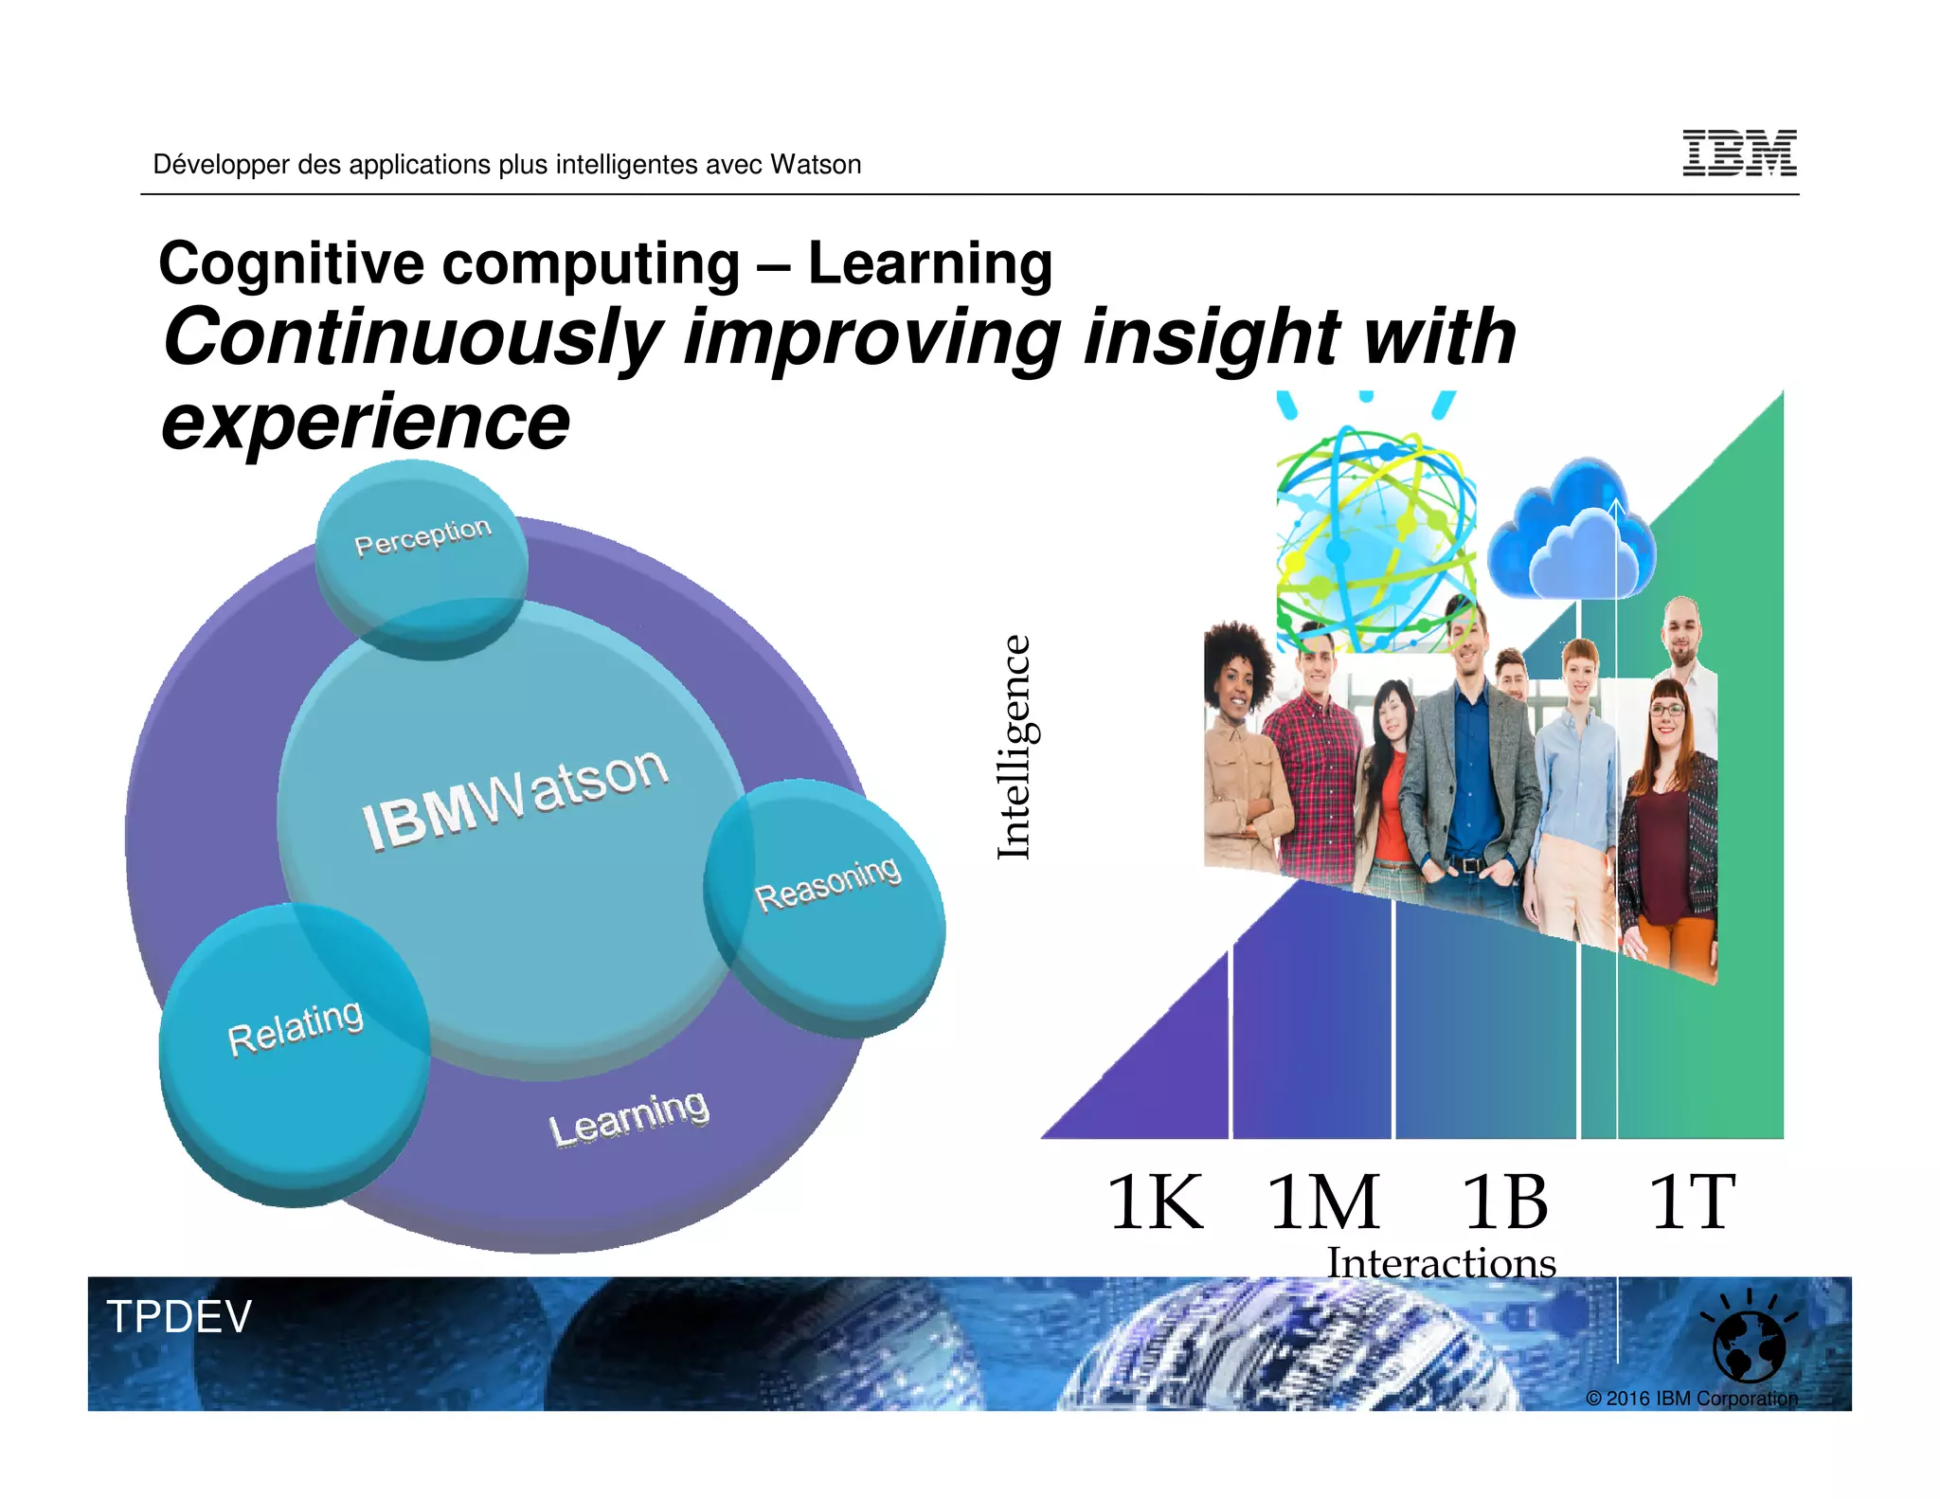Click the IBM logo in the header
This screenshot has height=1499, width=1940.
point(1739,153)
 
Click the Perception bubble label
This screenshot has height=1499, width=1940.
point(422,536)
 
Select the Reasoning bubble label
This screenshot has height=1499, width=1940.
point(827,883)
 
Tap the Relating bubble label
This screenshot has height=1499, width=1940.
point(295,1027)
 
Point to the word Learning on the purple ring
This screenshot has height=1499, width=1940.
point(628,1117)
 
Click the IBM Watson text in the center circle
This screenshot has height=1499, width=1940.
point(515,797)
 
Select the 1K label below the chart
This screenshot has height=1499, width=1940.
point(1155,1201)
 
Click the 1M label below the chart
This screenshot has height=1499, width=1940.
point(1323,1201)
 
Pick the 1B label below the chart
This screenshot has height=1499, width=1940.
point(1504,1201)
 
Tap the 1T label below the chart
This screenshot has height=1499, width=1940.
point(1692,1201)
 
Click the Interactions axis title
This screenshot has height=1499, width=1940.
point(1441,1263)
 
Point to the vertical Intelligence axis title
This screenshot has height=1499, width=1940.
point(1015,748)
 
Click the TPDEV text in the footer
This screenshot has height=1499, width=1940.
point(179,1316)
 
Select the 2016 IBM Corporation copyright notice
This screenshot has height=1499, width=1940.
point(1691,1399)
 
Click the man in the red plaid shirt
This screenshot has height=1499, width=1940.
point(1320,758)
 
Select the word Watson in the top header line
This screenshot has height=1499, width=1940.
point(816,165)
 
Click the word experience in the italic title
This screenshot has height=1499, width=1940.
point(366,423)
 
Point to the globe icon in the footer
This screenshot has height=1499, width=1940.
point(1749,1344)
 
